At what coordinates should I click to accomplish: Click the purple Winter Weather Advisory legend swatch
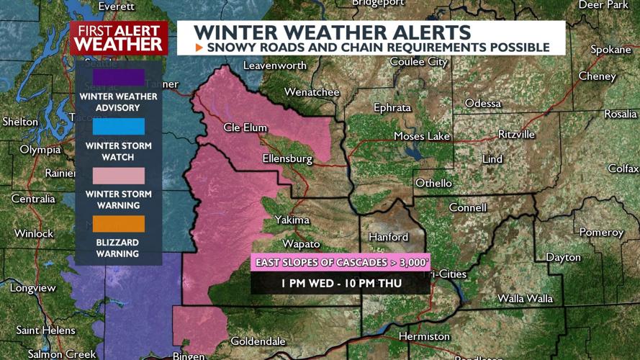118,77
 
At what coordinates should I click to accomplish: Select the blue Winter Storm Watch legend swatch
118,126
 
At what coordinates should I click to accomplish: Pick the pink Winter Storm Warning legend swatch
118,176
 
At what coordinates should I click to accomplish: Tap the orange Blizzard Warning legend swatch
118,224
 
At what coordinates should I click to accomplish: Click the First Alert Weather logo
118,37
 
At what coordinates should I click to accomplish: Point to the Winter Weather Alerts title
333,32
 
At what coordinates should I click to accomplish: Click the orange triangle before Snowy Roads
199,48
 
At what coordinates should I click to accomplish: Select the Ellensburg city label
287,158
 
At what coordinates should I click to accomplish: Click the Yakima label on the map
292,220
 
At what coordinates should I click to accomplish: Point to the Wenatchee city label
312,92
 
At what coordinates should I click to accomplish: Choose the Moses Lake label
421,136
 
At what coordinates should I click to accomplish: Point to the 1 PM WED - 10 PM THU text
341,283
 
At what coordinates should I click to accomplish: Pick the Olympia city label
40,150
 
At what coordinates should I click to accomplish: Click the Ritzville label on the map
516,134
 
